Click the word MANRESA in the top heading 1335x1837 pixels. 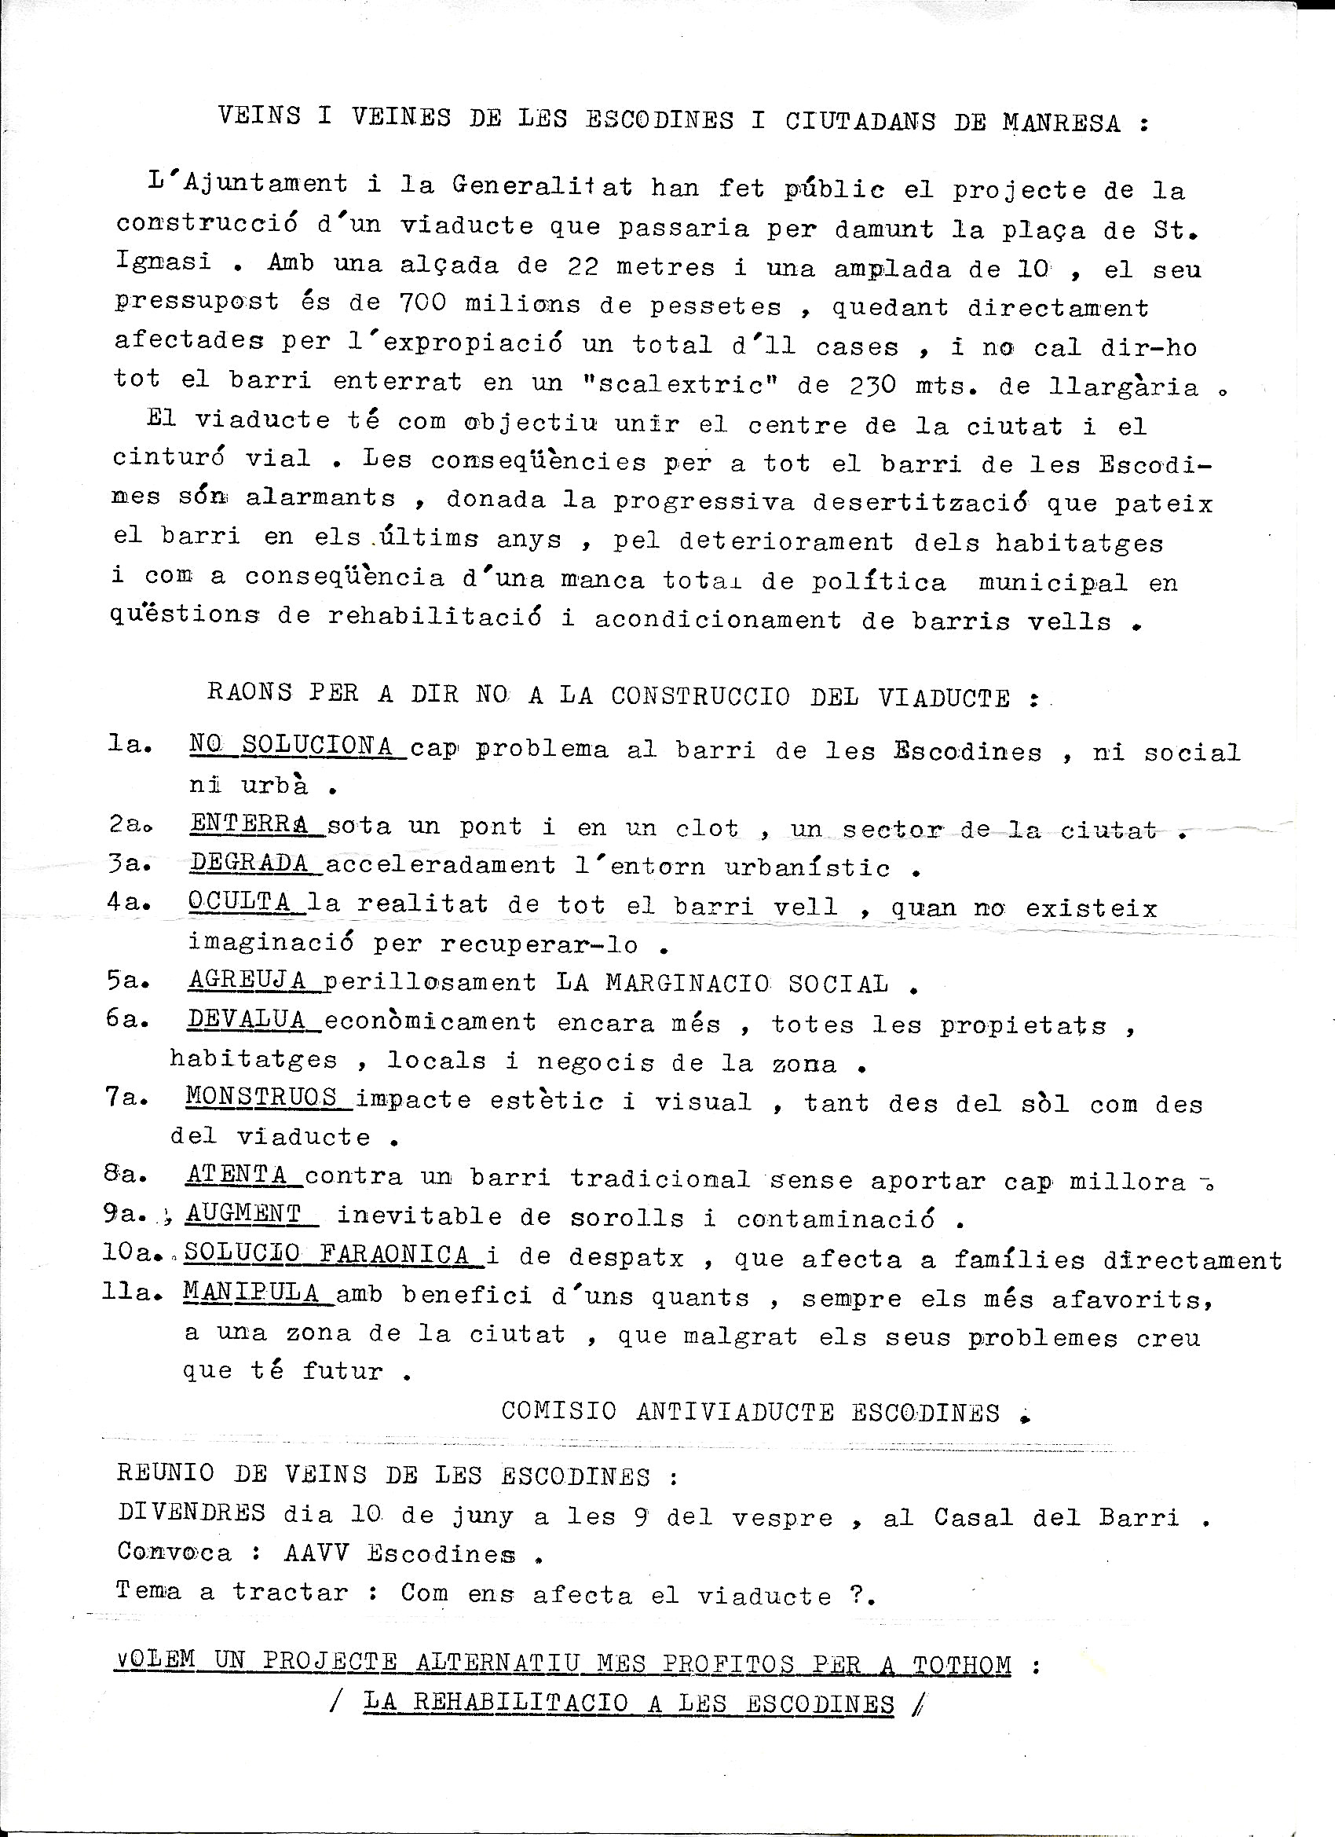click(1062, 123)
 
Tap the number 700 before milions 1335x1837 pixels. click(422, 303)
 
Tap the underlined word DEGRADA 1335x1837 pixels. click(251, 863)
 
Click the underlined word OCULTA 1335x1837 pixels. click(240, 901)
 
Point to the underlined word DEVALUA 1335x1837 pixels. click(247, 1020)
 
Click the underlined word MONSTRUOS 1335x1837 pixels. click(262, 1098)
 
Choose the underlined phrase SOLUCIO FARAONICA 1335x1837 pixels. click(328, 1255)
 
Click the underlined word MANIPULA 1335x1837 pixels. click(252, 1292)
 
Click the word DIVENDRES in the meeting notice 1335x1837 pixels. click(191, 1512)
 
